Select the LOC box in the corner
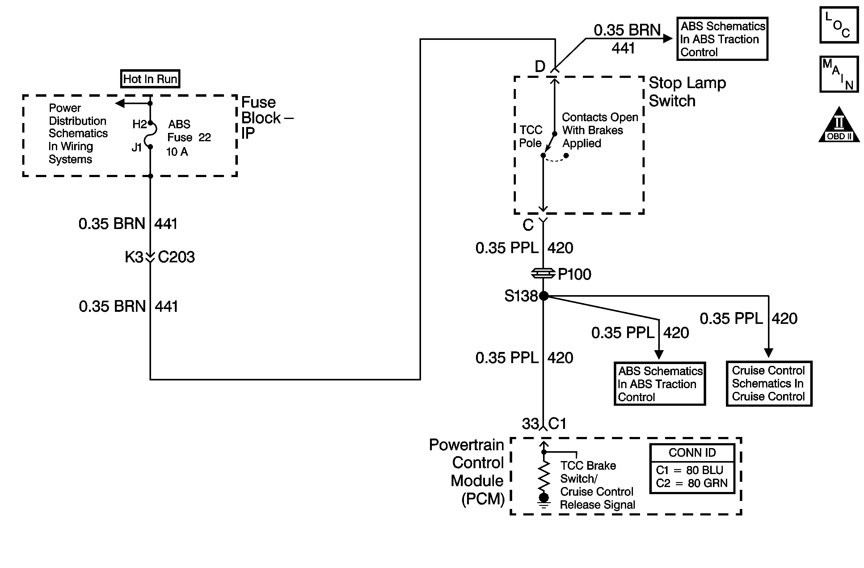coord(839,25)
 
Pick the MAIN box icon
coord(839,74)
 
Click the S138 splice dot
coord(543,296)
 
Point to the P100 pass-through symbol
coord(543,273)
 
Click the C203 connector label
coord(176,257)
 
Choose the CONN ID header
coord(692,453)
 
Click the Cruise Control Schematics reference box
coord(769,384)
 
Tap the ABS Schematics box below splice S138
coord(660,384)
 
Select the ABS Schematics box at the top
coord(723,39)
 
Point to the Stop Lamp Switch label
coord(687,92)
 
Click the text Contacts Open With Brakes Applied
coord(600,130)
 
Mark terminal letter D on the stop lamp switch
coord(540,66)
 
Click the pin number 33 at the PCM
coord(530,424)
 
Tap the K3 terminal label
coord(134,257)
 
